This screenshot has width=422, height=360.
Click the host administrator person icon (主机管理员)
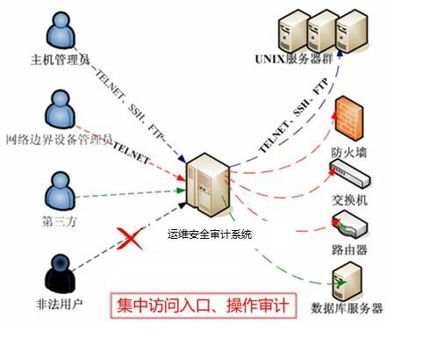[61, 30]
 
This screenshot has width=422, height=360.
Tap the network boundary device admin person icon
[60, 109]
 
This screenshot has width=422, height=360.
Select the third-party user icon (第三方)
[60, 191]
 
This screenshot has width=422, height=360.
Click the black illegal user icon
[60, 274]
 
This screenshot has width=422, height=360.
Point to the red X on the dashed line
[130, 239]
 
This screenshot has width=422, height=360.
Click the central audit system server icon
[208, 185]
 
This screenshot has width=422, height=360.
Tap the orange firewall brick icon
[349, 119]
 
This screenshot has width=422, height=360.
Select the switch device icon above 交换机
[350, 173]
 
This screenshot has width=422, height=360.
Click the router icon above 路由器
[349, 224]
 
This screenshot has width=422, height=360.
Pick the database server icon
[347, 281]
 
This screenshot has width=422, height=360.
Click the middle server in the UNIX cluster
[323, 31]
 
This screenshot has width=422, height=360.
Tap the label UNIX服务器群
[294, 59]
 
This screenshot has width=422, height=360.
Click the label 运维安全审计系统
[210, 234]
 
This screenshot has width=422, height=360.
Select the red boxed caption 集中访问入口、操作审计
[204, 306]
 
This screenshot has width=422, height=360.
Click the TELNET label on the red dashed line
[132, 153]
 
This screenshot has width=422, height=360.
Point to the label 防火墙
[349, 153]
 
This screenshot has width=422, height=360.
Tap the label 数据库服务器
[347, 308]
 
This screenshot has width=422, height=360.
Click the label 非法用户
[60, 304]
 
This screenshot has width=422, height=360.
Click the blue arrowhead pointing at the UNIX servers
[340, 53]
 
